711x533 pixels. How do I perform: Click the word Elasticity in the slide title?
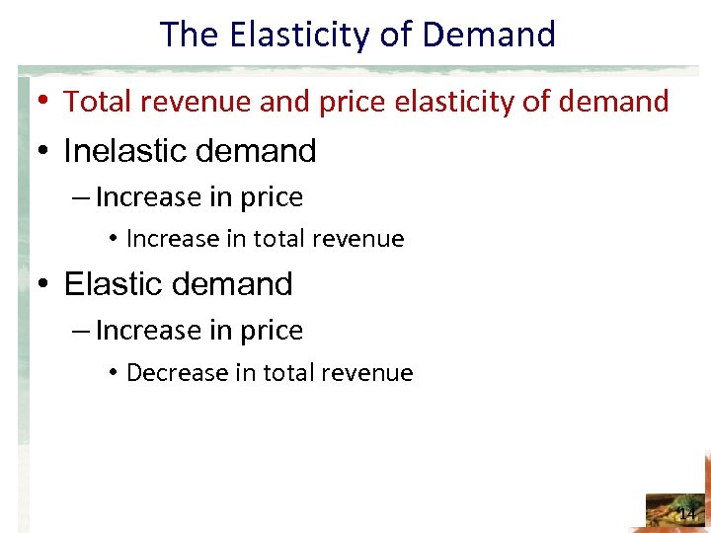[275, 35]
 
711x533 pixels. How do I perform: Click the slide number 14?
[687, 513]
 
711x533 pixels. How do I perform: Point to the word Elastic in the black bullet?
[113, 284]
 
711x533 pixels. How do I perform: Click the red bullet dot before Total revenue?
[44, 101]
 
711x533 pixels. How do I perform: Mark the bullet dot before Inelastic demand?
[44, 151]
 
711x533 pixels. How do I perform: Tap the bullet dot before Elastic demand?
[44, 284]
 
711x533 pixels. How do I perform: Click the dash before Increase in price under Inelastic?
[82, 197]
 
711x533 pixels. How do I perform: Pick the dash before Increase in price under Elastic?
[82, 331]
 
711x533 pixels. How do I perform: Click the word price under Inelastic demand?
[272, 197]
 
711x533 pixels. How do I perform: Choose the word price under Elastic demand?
[272, 331]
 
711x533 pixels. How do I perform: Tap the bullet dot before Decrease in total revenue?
[115, 373]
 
